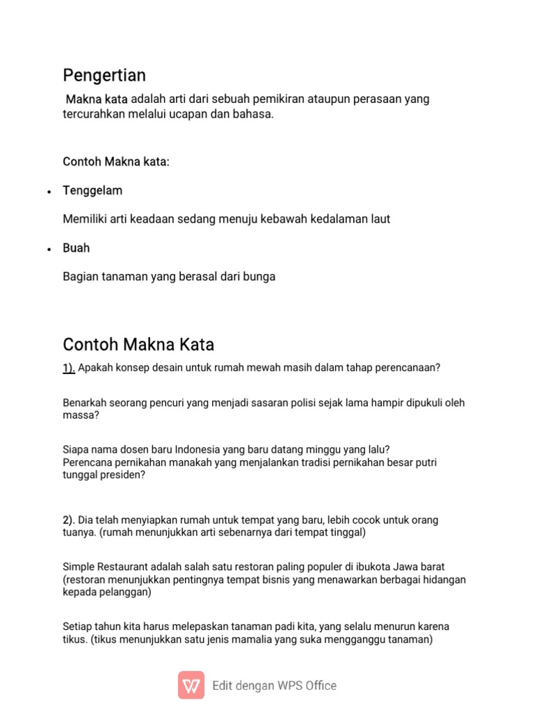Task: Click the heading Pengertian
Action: point(104,75)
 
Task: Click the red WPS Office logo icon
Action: point(191,685)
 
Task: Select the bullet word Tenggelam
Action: point(92,191)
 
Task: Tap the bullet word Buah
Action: point(76,248)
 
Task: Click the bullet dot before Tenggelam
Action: point(49,191)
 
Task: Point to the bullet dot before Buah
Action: point(49,249)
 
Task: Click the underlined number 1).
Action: point(69,368)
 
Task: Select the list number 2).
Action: point(69,520)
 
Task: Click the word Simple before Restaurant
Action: point(78,567)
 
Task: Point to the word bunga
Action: point(260,277)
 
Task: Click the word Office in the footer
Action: point(319,686)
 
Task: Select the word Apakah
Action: point(95,368)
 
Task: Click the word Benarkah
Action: point(85,403)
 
